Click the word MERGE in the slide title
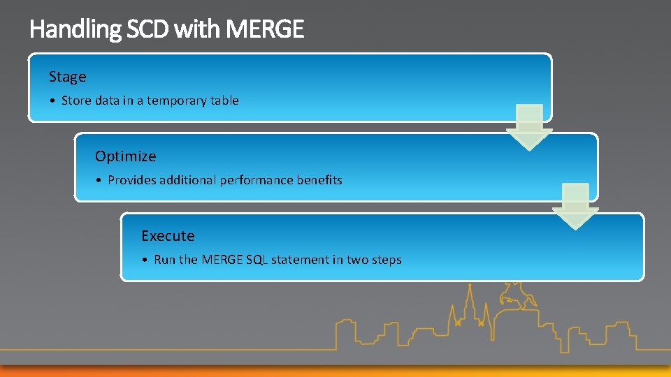266,29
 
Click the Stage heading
67,77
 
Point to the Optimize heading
125,156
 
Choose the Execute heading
168,236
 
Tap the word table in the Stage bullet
225,101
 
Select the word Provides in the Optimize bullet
132,180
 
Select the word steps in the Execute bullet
387,260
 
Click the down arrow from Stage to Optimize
529,127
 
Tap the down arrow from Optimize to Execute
575,207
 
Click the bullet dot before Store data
54,101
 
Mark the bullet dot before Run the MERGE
146,260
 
